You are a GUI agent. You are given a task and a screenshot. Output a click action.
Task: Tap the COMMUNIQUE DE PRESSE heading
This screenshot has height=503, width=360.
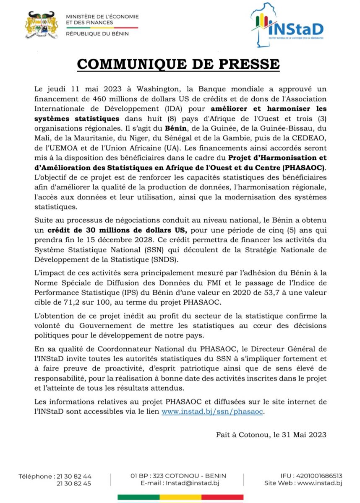pyautogui.click(x=178, y=65)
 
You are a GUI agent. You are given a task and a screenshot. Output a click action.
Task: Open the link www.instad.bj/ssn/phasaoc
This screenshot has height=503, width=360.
pyautogui.click(x=212, y=412)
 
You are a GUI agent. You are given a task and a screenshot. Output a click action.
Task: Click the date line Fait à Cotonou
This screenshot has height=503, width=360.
pyautogui.click(x=271, y=435)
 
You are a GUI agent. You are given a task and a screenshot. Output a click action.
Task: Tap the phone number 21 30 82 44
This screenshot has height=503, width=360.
pyautogui.click(x=73, y=476)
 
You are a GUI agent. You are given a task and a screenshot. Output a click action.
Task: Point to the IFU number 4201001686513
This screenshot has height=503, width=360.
pyautogui.click(x=318, y=476)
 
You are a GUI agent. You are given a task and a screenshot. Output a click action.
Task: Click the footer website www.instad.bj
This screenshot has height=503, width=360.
pyautogui.click(x=320, y=483)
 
